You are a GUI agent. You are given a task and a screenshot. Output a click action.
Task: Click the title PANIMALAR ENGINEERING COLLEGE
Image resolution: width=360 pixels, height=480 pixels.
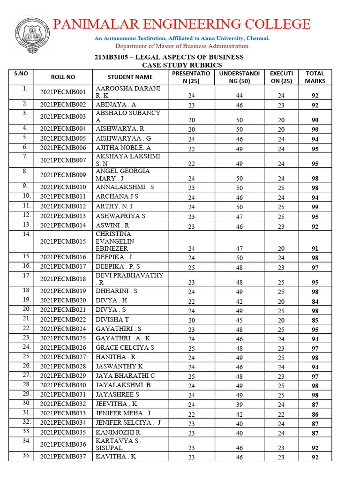click(181, 24)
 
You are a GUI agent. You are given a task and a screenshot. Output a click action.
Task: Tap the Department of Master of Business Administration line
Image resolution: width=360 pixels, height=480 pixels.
click(182, 46)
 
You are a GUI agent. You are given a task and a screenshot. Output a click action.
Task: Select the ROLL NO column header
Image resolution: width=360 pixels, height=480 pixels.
click(63, 77)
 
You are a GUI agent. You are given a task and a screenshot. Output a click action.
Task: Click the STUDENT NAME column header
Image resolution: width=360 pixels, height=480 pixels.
click(130, 77)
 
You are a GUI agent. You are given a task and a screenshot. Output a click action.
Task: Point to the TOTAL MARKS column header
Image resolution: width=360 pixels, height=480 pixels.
click(315, 77)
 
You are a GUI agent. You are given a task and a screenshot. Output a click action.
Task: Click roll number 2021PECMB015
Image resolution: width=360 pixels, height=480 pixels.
click(63, 241)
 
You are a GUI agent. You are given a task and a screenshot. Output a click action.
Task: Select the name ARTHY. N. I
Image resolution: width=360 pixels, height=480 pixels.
click(114, 206)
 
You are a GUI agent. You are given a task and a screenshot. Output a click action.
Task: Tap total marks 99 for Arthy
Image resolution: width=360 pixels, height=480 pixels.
click(315, 207)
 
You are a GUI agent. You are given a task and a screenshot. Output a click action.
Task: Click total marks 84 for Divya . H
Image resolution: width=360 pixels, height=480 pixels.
click(315, 301)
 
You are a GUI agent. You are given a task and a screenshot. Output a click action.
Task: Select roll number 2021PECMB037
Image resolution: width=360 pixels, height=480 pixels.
click(63, 457)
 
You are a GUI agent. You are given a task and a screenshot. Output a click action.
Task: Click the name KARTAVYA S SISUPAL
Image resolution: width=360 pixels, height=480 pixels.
click(117, 444)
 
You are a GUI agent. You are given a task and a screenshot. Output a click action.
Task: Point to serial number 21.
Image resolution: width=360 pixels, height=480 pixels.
click(27, 318)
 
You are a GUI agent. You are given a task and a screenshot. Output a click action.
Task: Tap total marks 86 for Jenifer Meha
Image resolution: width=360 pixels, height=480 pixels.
click(315, 415)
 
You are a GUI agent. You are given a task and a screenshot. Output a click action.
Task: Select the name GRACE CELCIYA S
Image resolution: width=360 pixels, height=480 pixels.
click(125, 348)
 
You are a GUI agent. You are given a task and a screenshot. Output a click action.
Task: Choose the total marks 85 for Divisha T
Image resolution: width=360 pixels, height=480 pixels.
click(315, 321)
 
